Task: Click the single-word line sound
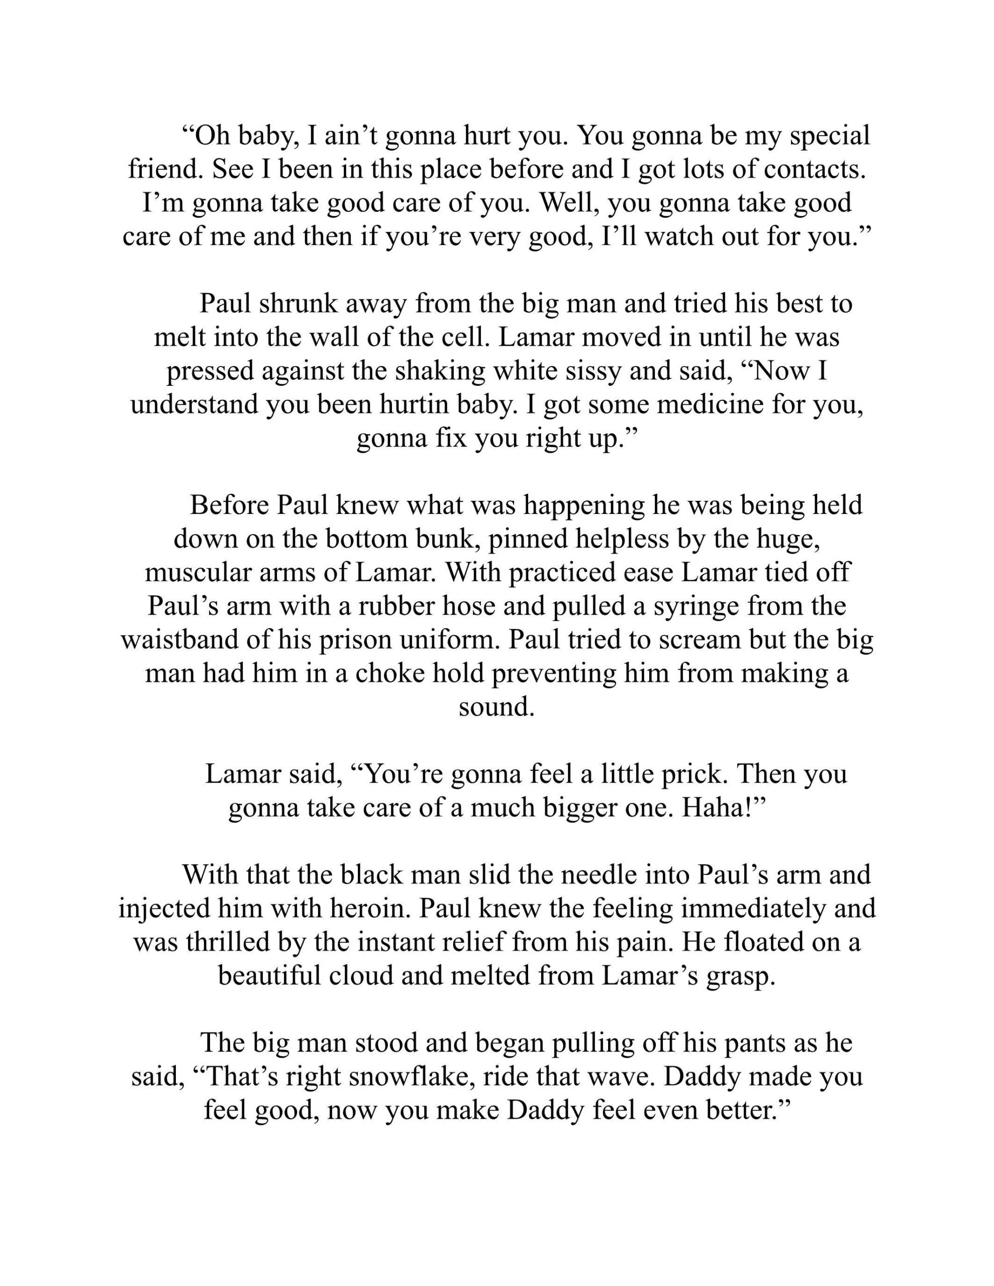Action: (x=496, y=707)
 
